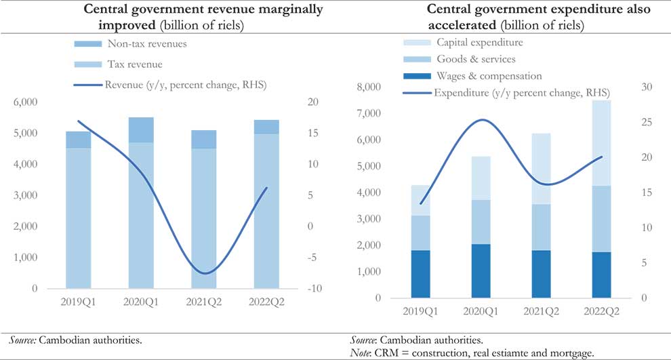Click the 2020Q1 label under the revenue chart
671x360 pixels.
pyautogui.click(x=141, y=302)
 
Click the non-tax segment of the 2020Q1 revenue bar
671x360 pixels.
pyautogui.click(x=141, y=129)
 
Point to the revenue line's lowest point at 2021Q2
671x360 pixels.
pyautogui.click(x=204, y=273)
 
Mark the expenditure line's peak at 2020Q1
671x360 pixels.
pyautogui.click(x=481, y=120)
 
